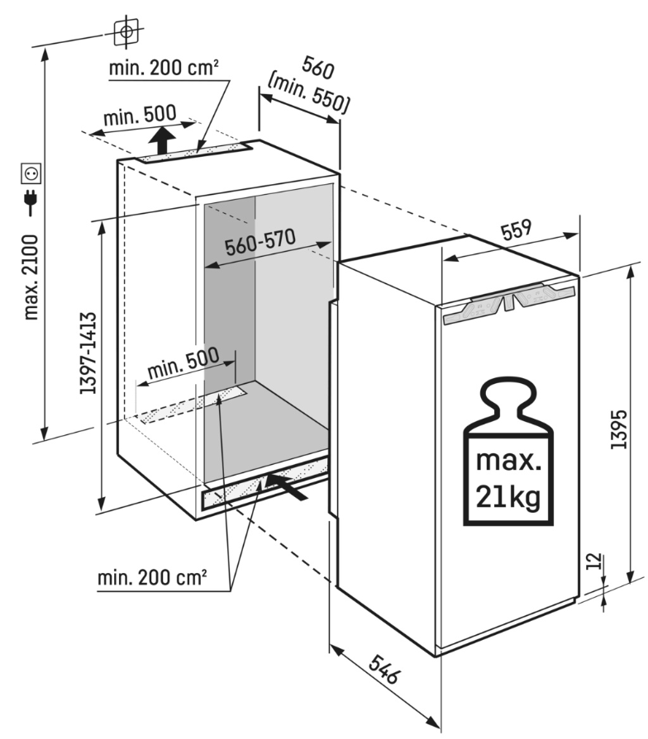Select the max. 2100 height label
(x=32, y=277)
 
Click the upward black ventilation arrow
(x=164, y=139)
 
